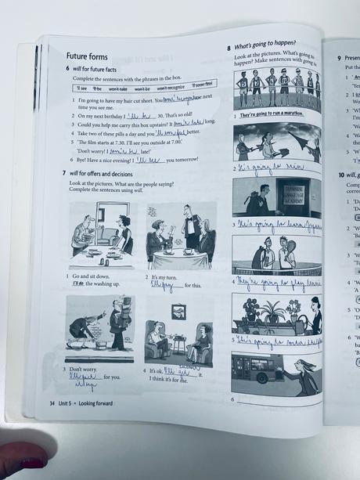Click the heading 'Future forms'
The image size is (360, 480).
88,56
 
